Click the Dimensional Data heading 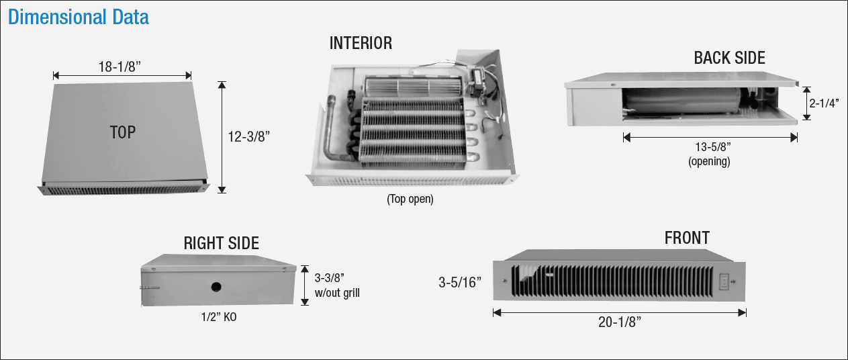pyautogui.click(x=79, y=17)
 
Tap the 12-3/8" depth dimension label pyautogui.click(x=248, y=136)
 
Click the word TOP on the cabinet pyautogui.click(x=123, y=132)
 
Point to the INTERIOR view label pyautogui.click(x=361, y=44)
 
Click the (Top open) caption pyautogui.click(x=410, y=199)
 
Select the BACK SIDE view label pyautogui.click(x=729, y=58)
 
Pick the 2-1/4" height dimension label pyautogui.click(x=825, y=103)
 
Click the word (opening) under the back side pyautogui.click(x=709, y=162)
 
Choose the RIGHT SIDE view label pyautogui.click(x=221, y=243)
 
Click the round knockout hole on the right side pyautogui.click(x=216, y=287)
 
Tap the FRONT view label pyautogui.click(x=687, y=238)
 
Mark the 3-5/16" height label pyautogui.click(x=461, y=282)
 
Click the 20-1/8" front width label pyautogui.click(x=619, y=322)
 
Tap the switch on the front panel pyautogui.click(x=724, y=282)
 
